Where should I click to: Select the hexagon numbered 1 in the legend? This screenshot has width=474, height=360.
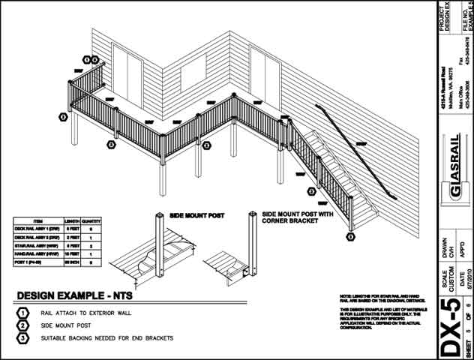[x=24, y=313]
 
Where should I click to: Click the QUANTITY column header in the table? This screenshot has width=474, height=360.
[x=91, y=222]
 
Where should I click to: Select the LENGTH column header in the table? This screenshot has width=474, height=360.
[x=72, y=222]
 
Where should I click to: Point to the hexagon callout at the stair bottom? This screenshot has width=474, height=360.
[x=350, y=237]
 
